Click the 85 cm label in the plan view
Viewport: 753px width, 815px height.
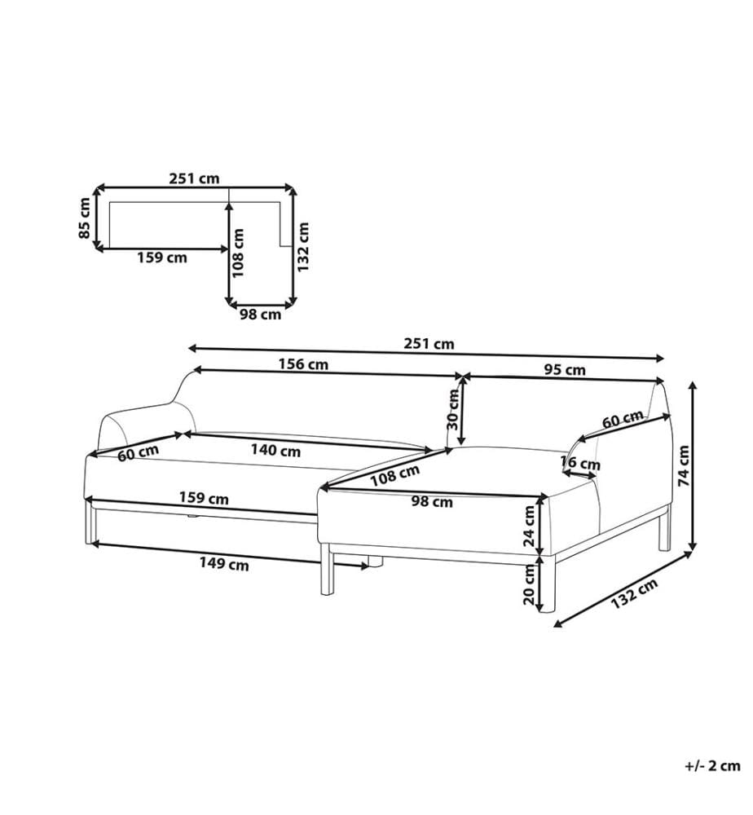[x=85, y=218]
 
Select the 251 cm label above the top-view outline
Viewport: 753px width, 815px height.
[x=194, y=178]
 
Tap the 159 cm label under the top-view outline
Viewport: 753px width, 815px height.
[x=162, y=258]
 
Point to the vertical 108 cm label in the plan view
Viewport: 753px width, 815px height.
[x=239, y=253]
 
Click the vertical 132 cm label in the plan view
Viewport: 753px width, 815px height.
[x=303, y=247]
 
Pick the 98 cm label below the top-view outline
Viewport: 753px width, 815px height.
[x=260, y=315]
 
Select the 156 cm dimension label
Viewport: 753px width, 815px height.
[x=303, y=363]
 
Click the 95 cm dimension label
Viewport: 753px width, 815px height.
[x=565, y=369]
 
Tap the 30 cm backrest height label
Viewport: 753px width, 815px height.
[x=453, y=410]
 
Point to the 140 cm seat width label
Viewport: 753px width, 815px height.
[x=276, y=450]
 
